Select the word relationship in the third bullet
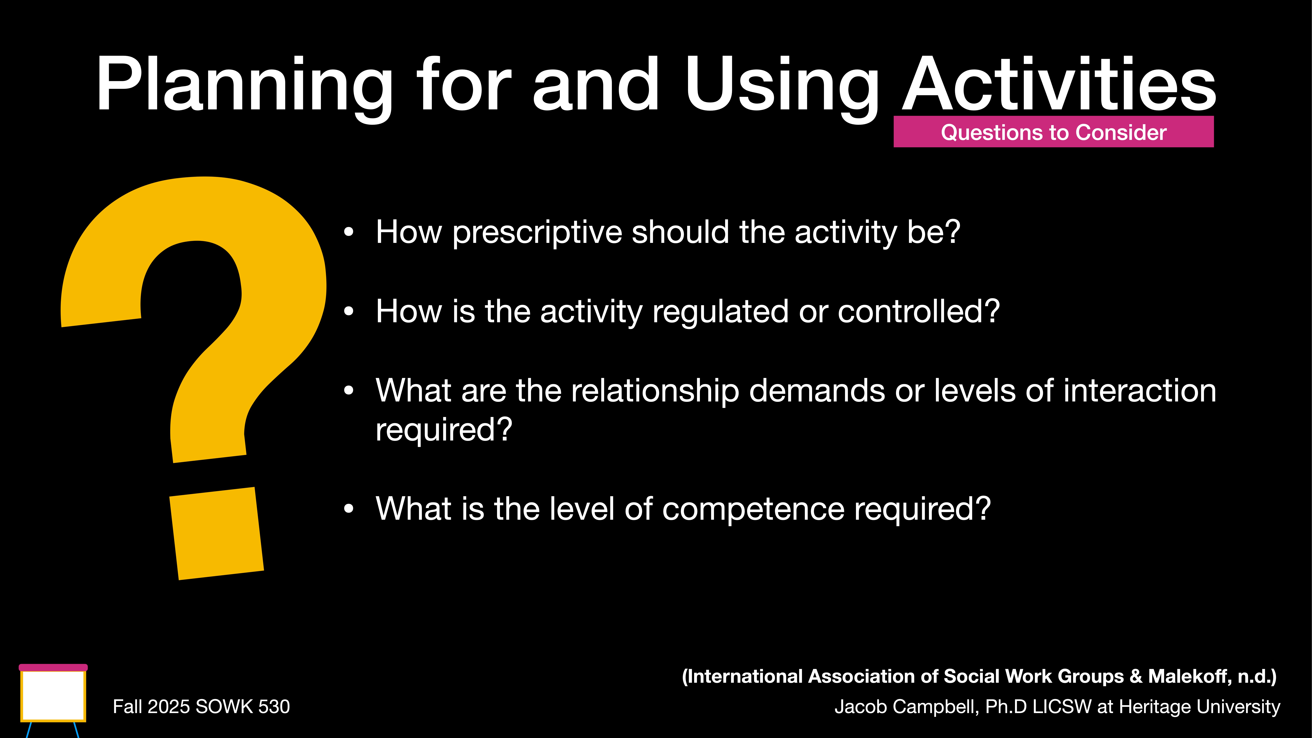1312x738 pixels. tap(654, 391)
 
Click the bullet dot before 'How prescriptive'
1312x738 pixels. tap(348, 232)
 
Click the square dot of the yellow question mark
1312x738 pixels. tap(216, 533)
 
